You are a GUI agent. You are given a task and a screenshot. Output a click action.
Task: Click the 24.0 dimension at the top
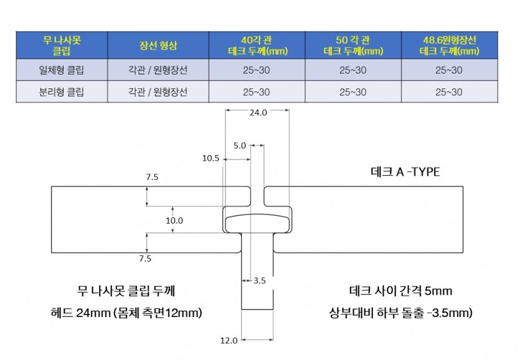(258, 113)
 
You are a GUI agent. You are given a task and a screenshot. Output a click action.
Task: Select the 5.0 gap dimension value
(239, 146)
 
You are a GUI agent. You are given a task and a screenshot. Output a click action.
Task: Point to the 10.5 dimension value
(211, 158)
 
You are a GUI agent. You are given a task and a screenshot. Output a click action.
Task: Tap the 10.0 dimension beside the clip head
(174, 220)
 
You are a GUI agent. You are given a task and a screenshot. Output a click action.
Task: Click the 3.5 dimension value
(260, 281)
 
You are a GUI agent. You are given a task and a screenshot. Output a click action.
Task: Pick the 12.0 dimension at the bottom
(229, 341)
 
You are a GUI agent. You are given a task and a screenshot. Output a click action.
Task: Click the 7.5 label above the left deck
(152, 177)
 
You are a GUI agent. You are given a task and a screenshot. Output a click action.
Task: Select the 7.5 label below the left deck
(145, 258)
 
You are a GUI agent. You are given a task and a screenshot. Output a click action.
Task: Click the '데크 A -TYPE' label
(405, 172)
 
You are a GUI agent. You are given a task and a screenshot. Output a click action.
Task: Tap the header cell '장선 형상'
(158, 45)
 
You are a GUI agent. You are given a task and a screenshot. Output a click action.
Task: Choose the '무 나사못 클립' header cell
(62, 45)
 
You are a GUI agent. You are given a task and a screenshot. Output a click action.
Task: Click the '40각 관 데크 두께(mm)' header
(257, 45)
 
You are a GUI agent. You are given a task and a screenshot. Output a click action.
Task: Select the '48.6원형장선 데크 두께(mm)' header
(450, 45)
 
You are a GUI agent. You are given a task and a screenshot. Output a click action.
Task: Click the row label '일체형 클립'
(62, 70)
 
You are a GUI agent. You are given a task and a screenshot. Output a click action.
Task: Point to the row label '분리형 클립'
(62, 92)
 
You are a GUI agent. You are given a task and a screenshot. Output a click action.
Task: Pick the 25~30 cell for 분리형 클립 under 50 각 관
(353, 92)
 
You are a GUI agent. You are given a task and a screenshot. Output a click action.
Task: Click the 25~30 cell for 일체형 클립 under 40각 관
(257, 70)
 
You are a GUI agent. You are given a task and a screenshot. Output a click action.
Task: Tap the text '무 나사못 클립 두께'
(126, 291)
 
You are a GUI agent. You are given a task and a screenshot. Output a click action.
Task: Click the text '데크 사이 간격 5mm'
(400, 291)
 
